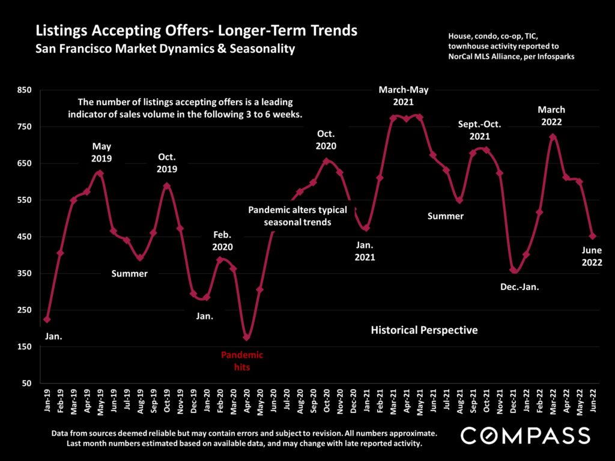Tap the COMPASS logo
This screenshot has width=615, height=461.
coord(525,435)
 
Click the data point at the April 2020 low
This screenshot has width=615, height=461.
coord(246,337)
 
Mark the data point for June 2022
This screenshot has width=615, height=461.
coord(593,237)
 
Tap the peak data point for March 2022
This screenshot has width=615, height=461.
coord(553,137)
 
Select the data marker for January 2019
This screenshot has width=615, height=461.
coord(47,319)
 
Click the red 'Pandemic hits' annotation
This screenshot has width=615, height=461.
coord(242,361)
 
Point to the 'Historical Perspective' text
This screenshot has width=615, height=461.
coord(424,330)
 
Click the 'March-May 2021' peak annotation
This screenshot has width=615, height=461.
coord(404,95)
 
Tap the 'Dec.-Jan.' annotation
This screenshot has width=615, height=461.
coord(520,287)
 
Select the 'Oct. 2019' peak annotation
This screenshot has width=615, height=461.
coord(167,163)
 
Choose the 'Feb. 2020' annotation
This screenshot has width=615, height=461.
coord(222,241)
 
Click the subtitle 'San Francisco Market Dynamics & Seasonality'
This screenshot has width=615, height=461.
coord(165,49)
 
